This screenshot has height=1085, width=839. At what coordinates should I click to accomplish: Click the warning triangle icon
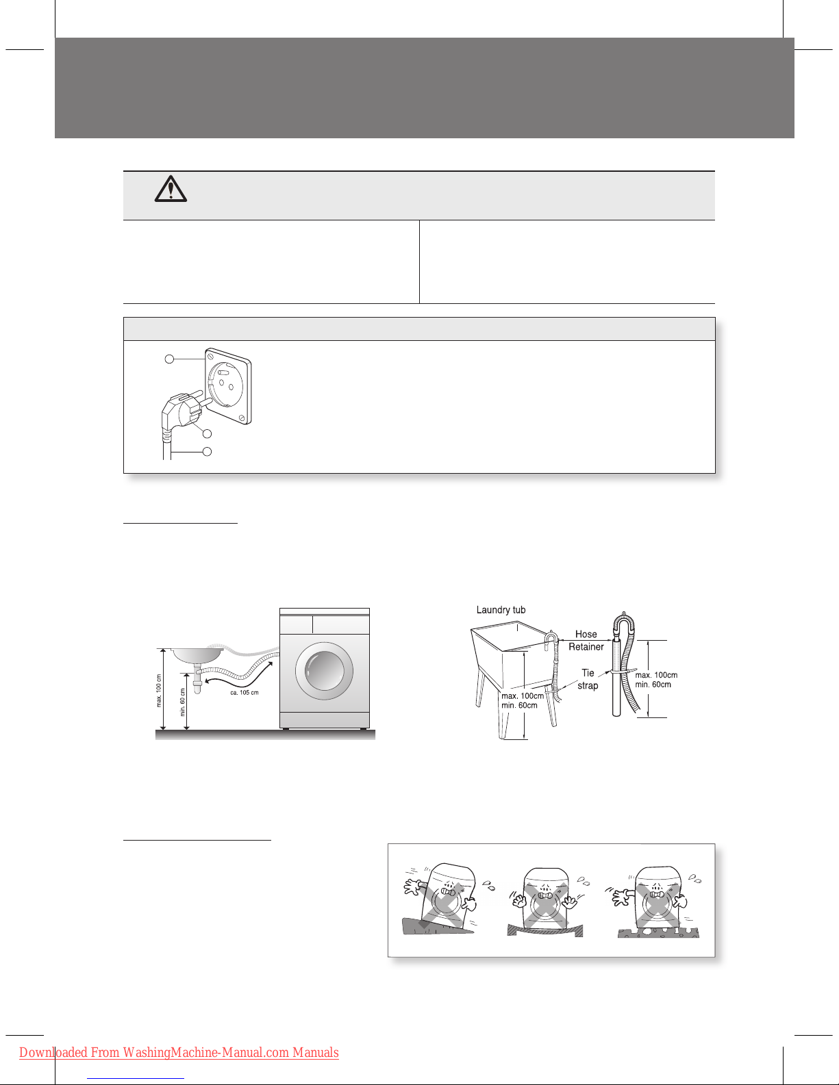click(171, 189)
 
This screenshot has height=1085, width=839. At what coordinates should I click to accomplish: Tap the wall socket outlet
click(227, 386)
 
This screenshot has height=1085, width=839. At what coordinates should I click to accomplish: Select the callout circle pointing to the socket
click(169, 359)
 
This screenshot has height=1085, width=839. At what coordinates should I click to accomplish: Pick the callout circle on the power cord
click(207, 452)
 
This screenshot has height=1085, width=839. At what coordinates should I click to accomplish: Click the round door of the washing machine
click(324, 671)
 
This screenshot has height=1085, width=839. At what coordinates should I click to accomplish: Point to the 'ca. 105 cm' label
click(245, 693)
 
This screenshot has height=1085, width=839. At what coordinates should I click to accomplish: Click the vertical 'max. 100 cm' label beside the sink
click(160, 691)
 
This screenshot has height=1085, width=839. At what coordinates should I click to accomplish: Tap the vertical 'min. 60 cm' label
click(183, 702)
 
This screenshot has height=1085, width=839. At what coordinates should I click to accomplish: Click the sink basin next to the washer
click(197, 655)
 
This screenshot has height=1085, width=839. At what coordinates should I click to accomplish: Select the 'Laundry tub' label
click(501, 610)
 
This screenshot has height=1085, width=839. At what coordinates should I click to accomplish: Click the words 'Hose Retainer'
click(586, 640)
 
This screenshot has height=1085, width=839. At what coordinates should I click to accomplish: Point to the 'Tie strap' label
click(588, 679)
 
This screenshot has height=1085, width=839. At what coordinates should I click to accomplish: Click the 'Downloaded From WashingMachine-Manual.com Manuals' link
click(179, 1053)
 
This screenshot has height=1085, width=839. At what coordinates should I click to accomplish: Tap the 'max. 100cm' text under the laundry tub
click(523, 695)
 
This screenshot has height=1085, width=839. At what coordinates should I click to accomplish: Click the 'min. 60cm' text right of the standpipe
click(653, 685)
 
